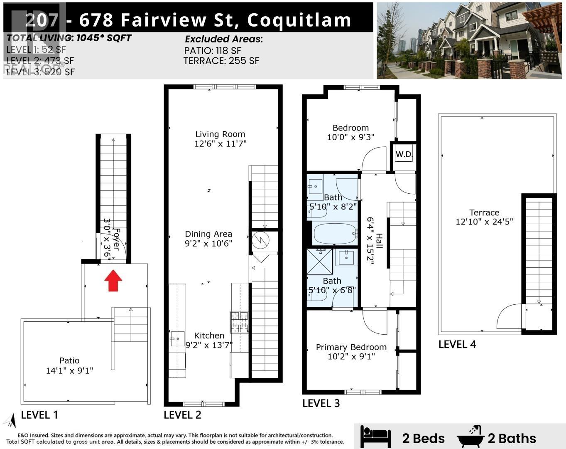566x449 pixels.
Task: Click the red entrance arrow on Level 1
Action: [113, 281]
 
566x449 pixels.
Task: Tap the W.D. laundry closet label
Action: [404, 154]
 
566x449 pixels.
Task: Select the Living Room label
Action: [220, 134]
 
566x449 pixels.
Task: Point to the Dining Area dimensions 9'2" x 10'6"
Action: [208, 244]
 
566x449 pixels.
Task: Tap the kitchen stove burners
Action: [240, 321]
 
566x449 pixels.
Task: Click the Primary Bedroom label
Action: [351, 347]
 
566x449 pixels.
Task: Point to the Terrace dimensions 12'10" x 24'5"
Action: [484, 222]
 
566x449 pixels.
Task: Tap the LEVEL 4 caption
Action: [457, 344]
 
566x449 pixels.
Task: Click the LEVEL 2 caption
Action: [182, 414]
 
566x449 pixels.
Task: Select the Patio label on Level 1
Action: [69, 360]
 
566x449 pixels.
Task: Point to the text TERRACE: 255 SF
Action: [221, 61]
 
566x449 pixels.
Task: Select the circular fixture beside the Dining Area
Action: [261, 241]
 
